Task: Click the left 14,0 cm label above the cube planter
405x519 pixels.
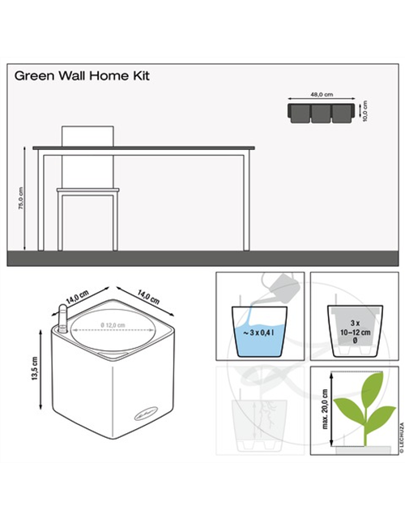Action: click(78, 296)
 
